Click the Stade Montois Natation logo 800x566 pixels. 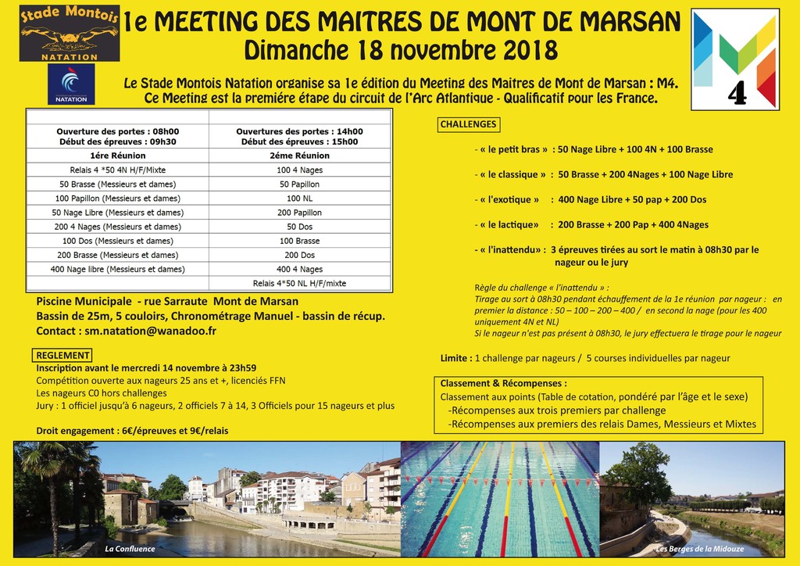coord(70,34)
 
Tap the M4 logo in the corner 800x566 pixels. coord(735,59)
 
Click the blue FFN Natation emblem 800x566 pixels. coord(71,84)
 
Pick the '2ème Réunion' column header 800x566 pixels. coord(299,156)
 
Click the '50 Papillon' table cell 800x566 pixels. coord(299,184)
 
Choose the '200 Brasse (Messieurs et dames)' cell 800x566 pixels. coord(117,255)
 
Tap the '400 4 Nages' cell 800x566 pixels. coord(299,269)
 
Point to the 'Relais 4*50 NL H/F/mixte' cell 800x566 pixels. coord(299,283)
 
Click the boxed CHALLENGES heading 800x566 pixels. coord(468,124)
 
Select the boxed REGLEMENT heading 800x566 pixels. coord(63,356)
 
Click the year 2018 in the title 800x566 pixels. coord(518,50)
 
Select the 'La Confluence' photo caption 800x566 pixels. coord(130,549)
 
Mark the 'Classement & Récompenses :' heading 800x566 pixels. coord(503,384)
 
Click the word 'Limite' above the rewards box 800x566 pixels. coord(455,358)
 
